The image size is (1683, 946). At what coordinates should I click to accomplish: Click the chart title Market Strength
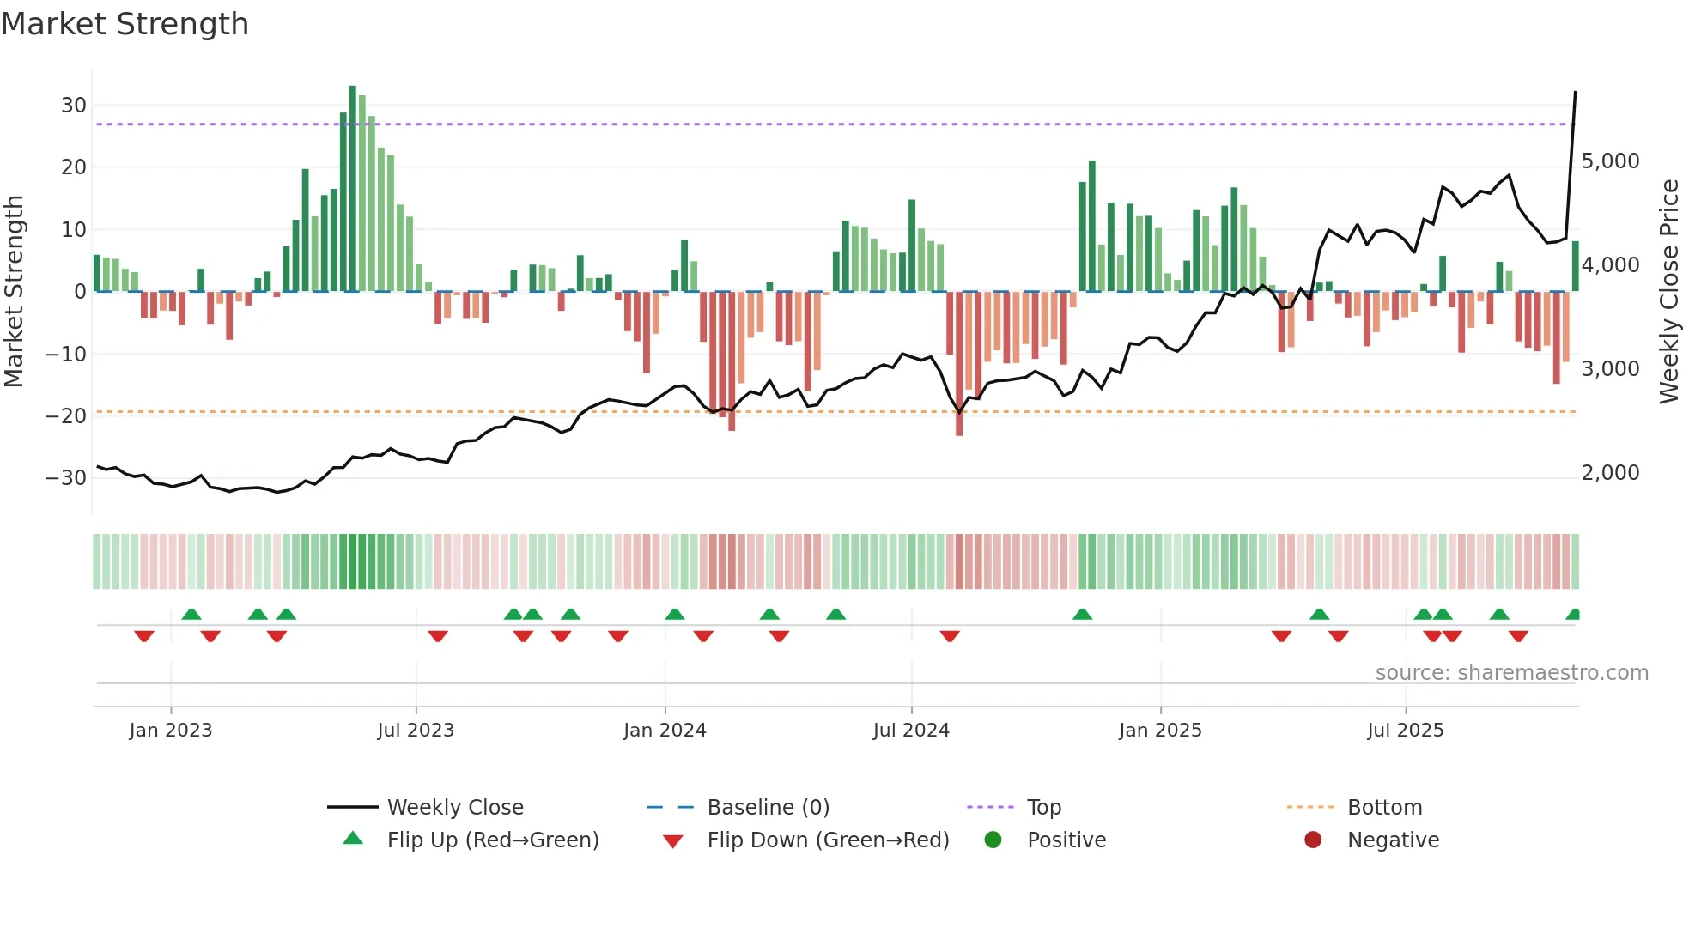click(x=125, y=24)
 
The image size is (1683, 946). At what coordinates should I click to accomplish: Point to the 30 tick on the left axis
click(x=74, y=106)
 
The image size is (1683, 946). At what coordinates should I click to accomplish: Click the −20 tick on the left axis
click(x=67, y=416)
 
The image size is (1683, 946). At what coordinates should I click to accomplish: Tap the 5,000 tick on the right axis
click(x=1610, y=161)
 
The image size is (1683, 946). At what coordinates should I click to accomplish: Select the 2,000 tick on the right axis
click(x=1610, y=473)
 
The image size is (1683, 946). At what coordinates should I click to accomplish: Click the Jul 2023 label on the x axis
click(x=416, y=731)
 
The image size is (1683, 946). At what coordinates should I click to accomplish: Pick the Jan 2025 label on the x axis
click(x=1160, y=731)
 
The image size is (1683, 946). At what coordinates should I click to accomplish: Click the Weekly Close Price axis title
click(x=1668, y=291)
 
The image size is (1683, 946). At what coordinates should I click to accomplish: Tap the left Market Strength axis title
click(x=14, y=291)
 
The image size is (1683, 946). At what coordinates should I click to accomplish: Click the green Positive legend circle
click(x=993, y=840)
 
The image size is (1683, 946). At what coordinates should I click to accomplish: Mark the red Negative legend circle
click(x=1313, y=840)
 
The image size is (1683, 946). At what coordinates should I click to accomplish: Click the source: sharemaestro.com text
click(x=1511, y=673)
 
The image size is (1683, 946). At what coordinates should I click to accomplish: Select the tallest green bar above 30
click(x=353, y=189)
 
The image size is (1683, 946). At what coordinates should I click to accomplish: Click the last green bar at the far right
click(x=1576, y=267)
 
